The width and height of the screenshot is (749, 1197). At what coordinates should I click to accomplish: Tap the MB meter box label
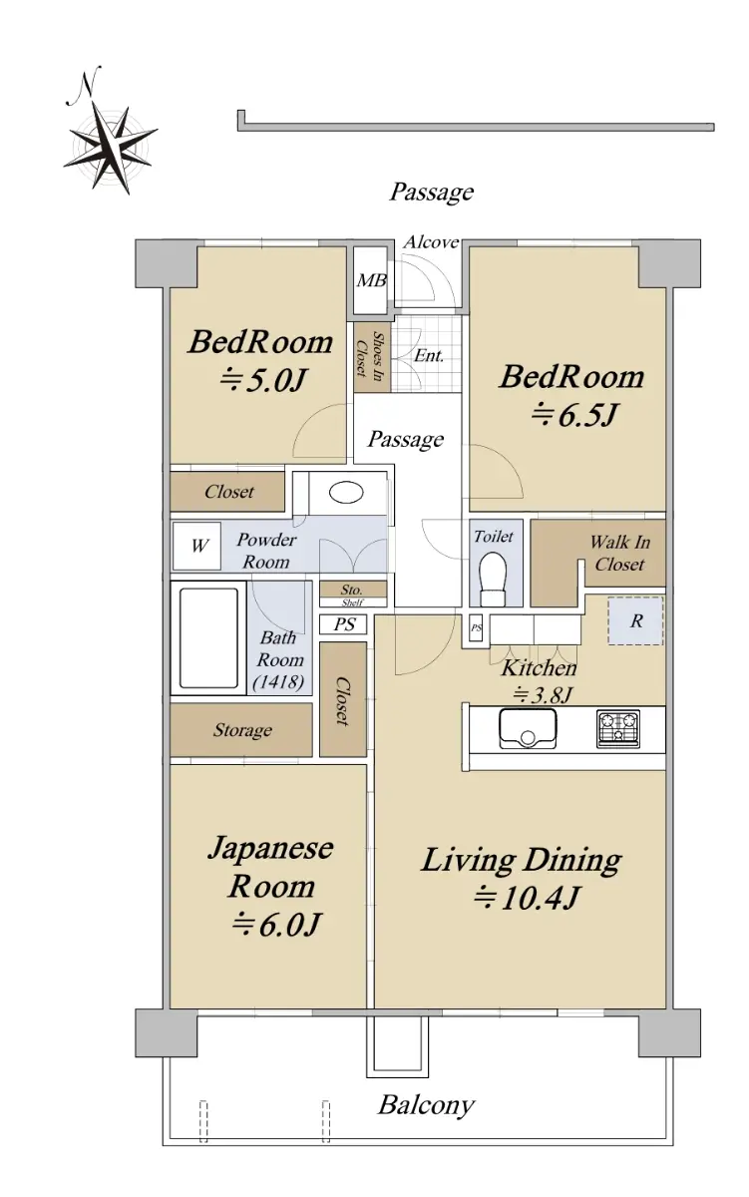pyautogui.click(x=371, y=280)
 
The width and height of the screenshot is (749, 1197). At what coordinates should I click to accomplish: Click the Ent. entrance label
pyautogui.click(x=429, y=355)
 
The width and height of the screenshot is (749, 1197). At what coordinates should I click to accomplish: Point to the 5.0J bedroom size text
pyautogui.click(x=262, y=380)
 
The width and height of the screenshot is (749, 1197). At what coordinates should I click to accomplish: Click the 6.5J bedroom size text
pyautogui.click(x=574, y=415)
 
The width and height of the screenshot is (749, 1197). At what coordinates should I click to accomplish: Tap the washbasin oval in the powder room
pyautogui.click(x=346, y=492)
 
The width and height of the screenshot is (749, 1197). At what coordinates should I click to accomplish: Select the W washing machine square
pyautogui.click(x=196, y=546)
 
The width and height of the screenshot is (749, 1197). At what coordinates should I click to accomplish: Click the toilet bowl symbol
pyautogui.click(x=493, y=579)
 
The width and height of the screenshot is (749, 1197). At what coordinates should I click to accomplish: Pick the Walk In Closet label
pyautogui.click(x=619, y=553)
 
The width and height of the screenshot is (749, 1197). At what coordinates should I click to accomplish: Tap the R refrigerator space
pyautogui.click(x=635, y=620)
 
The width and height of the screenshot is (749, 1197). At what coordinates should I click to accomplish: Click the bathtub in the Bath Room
pyautogui.click(x=208, y=638)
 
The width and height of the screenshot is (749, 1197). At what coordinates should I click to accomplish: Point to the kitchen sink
pyautogui.click(x=528, y=727)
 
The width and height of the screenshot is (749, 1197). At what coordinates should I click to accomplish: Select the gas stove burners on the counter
pyautogui.click(x=618, y=728)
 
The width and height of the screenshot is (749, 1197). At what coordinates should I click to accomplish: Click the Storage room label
pyautogui.click(x=242, y=730)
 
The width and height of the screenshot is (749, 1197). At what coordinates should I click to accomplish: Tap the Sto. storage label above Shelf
pyautogui.click(x=351, y=590)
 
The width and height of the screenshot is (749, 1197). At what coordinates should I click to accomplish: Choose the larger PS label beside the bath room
pyautogui.click(x=344, y=624)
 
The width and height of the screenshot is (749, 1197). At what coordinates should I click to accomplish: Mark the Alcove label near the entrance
pyautogui.click(x=431, y=242)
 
